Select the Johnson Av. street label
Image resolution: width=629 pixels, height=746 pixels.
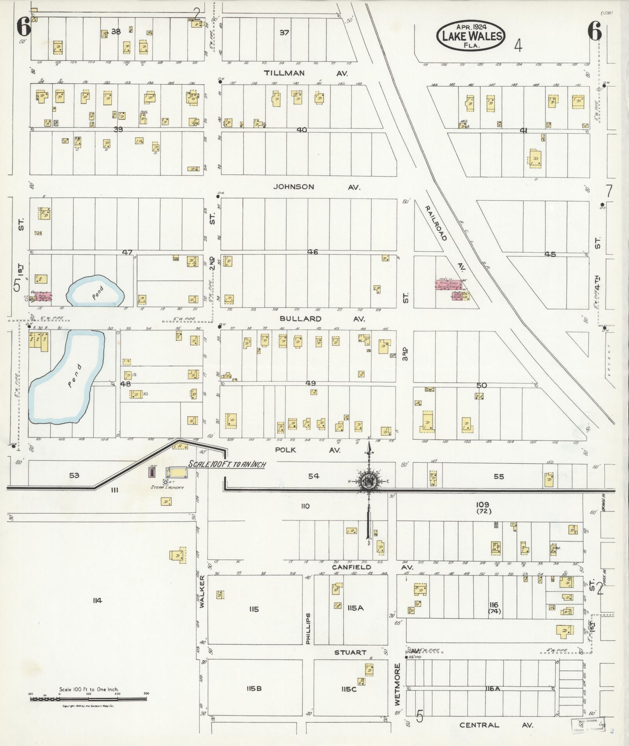(x=316, y=187)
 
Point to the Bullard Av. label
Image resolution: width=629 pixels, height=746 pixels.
(x=322, y=319)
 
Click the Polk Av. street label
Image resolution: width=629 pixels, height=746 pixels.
(x=307, y=450)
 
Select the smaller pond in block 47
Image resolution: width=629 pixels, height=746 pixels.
(x=96, y=292)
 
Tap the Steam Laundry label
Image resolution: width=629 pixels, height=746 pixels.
(x=167, y=487)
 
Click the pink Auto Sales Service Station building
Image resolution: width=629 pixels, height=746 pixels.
(x=448, y=285)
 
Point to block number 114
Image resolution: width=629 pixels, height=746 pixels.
(x=97, y=600)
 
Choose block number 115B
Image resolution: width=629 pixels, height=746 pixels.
(x=254, y=688)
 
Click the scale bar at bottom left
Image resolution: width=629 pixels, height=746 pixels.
(x=89, y=699)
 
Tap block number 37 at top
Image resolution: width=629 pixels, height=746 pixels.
(x=284, y=33)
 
